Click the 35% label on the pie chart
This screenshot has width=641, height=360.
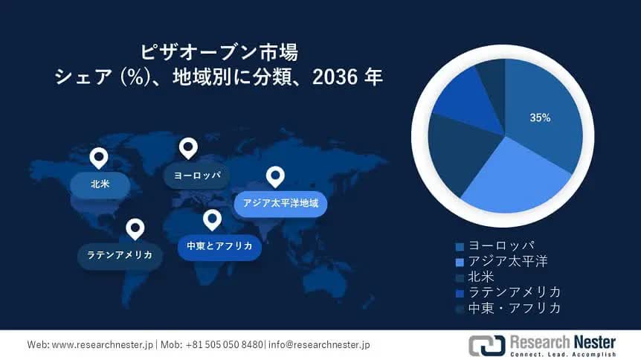coord(540,118)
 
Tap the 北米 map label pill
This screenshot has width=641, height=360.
coord(100,184)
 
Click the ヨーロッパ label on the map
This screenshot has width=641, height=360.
coord(196,176)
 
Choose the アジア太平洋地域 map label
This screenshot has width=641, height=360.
coord(280,203)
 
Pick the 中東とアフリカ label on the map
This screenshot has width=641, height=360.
coord(219,246)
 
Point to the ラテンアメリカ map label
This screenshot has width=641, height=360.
coord(120,255)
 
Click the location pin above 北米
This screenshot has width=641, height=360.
coord(99,158)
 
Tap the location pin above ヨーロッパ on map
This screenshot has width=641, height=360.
coord(188,148)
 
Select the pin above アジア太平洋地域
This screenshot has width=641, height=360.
coord(275,177)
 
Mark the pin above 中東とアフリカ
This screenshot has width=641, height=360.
coord(212,220)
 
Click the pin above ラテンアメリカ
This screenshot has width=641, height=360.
coord(135,229)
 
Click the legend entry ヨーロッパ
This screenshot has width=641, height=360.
coord(495,245)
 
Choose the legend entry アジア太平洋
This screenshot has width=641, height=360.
coord(502,261)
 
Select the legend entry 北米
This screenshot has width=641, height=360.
coord(475,277)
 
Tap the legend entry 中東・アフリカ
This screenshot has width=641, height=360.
coord(508,308)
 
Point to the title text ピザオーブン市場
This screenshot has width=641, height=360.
coord(219,52)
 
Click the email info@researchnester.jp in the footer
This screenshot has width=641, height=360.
coord(319,345)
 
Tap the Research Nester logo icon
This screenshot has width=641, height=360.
coord(487,345)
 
